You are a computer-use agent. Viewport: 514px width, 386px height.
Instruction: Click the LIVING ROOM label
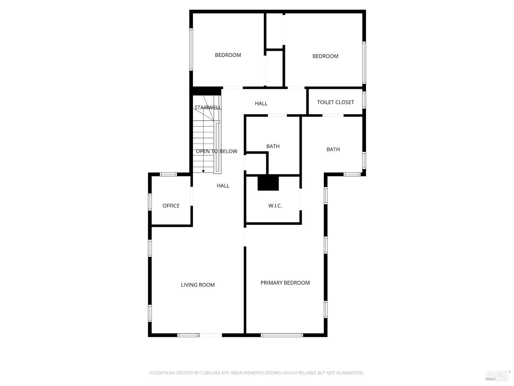click(198, 285)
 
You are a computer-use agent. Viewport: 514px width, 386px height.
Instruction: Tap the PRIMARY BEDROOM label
click(285, 283)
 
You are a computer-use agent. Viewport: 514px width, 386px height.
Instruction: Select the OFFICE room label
click(171, 206)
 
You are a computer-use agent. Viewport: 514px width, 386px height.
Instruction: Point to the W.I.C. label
click(275, 206)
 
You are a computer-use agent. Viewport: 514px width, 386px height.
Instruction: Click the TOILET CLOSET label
click(335, 102)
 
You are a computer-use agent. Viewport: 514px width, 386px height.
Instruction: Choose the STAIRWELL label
click(208, 108)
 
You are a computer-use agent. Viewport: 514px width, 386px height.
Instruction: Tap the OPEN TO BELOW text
click(216, 151)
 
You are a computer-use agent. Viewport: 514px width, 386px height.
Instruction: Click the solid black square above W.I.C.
click(268, 183)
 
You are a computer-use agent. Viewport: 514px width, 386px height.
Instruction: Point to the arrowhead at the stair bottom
click(203, 171)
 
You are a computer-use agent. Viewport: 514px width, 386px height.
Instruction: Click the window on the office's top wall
click(168, 174)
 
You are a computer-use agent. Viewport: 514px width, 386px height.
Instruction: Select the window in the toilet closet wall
click(364, 100)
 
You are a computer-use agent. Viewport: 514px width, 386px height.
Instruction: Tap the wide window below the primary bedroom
click(282, 335)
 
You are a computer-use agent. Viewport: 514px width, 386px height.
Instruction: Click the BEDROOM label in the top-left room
click(228, 55)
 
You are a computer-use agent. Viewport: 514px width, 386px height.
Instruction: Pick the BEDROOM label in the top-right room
click(325, 56)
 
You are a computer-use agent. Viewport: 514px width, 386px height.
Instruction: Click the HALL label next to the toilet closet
click(261, 103)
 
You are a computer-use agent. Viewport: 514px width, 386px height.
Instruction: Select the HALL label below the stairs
click(223, 186)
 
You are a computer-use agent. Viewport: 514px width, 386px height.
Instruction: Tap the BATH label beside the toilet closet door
click(333, 149)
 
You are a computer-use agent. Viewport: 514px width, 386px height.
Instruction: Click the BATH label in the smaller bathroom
click(273, 146)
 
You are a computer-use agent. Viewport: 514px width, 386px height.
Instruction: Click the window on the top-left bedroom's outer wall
click(191, 49)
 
